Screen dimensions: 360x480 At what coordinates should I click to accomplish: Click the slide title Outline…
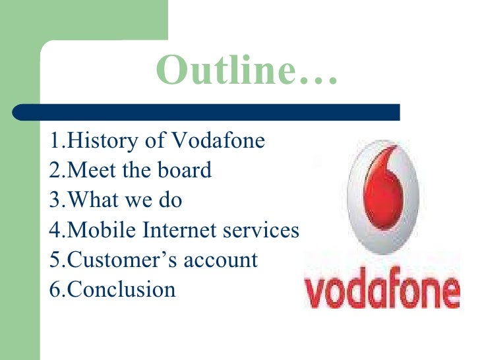(247, 71)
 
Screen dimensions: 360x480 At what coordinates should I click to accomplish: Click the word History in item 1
(98, 141)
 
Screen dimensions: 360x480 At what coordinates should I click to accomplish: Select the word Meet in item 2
(92, 170)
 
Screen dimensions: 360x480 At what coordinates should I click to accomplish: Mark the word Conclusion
(122, 289)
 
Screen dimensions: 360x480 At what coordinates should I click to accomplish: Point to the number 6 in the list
(54, 289)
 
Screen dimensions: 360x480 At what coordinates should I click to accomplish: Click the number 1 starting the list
(54, 141)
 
